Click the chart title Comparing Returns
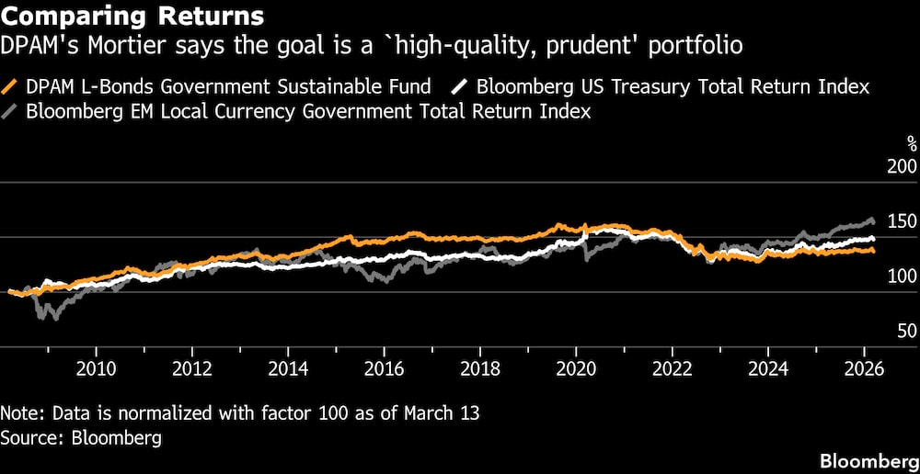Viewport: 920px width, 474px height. (132, 16)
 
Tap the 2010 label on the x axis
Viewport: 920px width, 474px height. (95, 369)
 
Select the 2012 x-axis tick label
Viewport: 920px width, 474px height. (191, 369)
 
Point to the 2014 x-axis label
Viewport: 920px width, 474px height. (287, 369)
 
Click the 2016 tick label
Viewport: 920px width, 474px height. (383, 369)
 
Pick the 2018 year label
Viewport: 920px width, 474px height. (479, 369)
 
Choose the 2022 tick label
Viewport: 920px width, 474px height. (672, 369)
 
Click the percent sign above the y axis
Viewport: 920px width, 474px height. (912, 143)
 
